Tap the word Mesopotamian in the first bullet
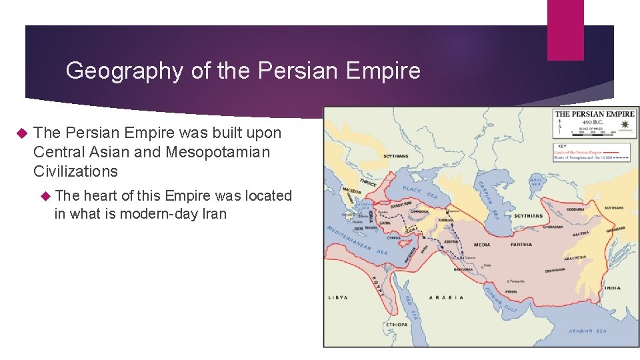pyautogui.click(x=218, y=152)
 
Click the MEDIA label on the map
pyautogui.click(x=482, y=245)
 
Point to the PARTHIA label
pyautogui.click(x=521, y=245)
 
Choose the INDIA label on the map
pyautogui.click(x=612, y=288)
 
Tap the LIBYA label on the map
pyautogui.click(x=338, y=297)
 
